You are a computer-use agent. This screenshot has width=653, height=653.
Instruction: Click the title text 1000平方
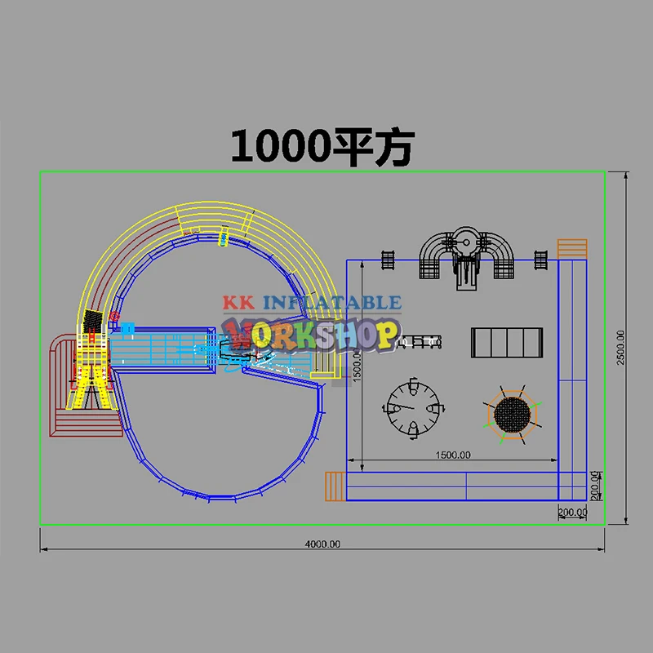(x=322, y=147)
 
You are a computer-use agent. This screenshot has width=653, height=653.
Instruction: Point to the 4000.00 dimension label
(x=322, y=544)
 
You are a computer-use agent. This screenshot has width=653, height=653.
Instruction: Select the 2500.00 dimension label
(x=620, y=348)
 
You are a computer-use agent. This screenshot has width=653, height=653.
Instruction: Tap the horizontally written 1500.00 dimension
(x=453, y=455)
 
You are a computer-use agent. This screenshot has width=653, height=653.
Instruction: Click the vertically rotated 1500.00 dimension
(x=357, y=365)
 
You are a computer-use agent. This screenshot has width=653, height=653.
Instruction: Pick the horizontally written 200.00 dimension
(x=573, y=512)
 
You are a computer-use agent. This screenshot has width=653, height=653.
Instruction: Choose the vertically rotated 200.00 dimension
(x=595, y=486)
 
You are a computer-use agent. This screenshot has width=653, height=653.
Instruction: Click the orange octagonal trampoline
(x=513, y=415)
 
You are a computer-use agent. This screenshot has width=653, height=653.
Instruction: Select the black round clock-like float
(x=413, y=408)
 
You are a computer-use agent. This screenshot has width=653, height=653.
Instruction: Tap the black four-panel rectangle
(x=507, y=342)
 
